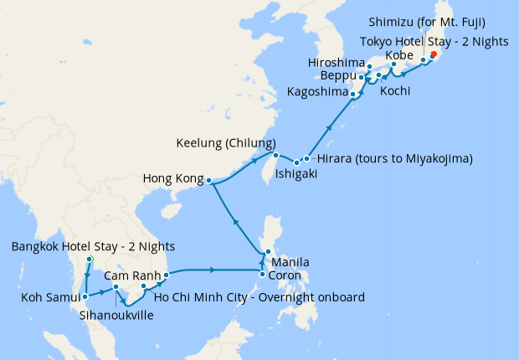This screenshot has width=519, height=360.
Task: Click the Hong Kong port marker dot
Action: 209,181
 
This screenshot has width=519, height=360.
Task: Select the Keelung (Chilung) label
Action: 226,142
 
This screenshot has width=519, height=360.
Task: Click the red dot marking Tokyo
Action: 434,55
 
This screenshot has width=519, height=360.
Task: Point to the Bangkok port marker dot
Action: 88,260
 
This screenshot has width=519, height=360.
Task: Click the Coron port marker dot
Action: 262,274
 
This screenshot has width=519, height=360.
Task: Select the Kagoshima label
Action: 316,91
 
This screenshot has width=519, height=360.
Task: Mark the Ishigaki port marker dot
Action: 296,159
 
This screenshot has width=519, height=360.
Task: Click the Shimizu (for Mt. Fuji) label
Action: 439,21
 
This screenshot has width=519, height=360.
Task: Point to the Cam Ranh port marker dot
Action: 167,274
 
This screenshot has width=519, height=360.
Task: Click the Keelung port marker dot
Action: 275,154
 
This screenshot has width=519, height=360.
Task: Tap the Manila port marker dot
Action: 267,253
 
